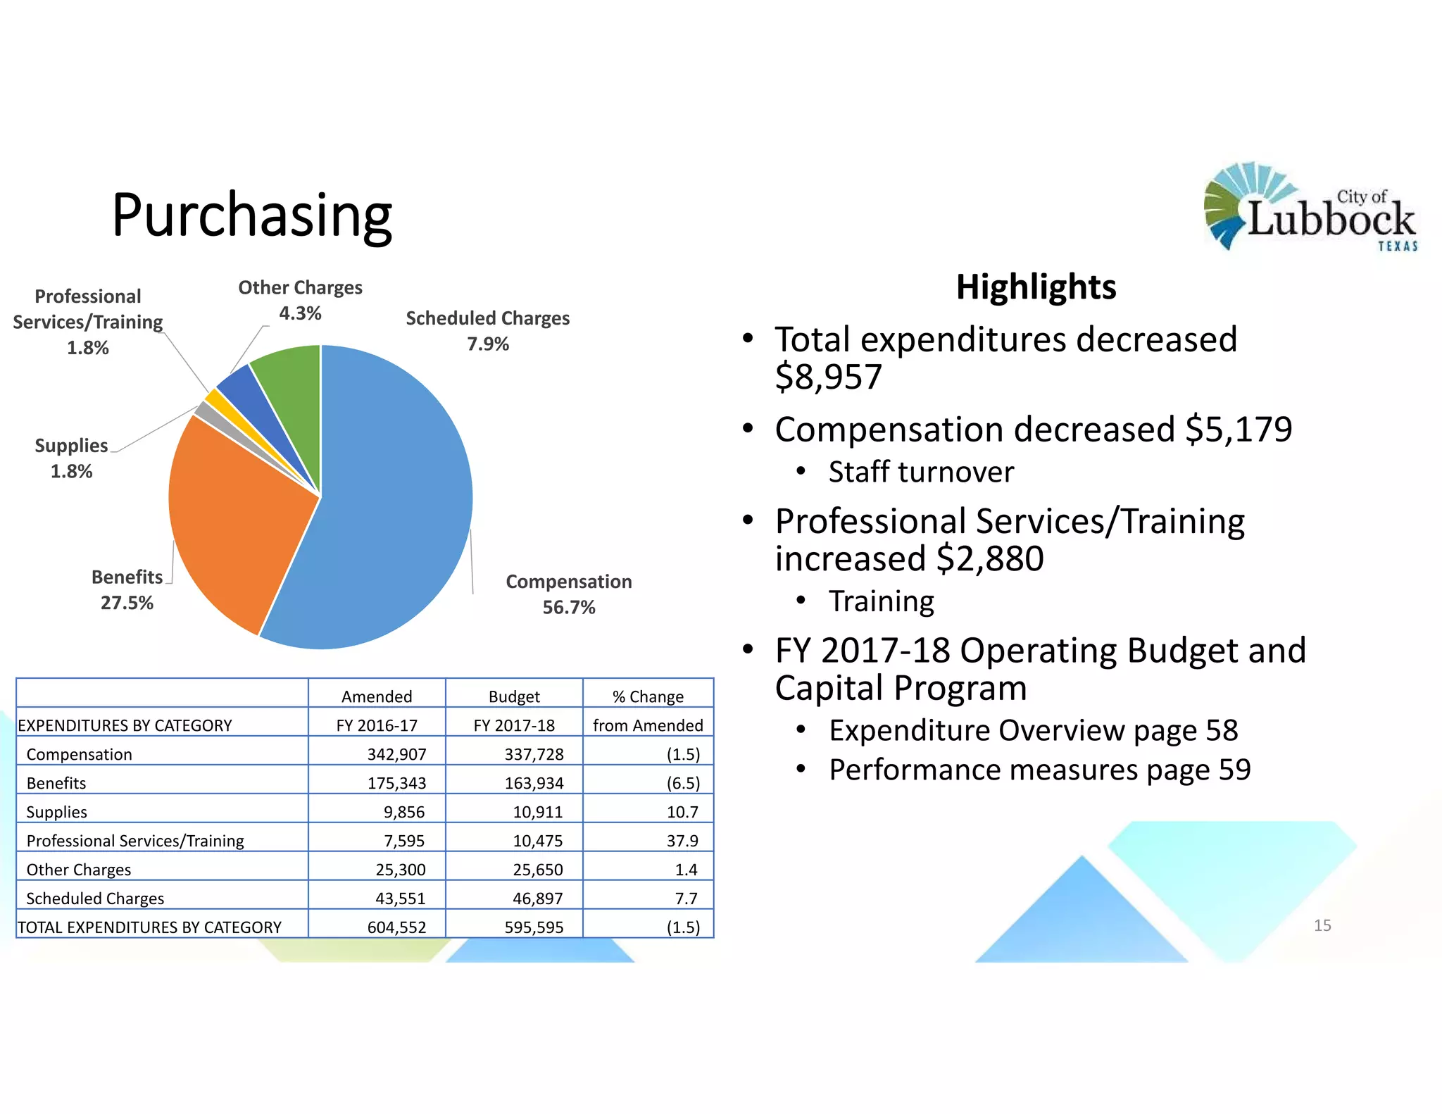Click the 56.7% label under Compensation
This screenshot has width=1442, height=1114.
[569, 607]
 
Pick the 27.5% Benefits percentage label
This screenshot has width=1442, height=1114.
[127, 603]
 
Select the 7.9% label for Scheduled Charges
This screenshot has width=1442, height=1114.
[488, 344]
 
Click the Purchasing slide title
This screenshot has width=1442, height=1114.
[252, 215]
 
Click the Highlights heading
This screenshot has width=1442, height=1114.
[1036, 287]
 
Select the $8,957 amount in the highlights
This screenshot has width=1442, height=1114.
[828, 377]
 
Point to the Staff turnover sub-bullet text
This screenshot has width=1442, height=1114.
[921, 472]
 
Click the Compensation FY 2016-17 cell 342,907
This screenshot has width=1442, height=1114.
[396, 754]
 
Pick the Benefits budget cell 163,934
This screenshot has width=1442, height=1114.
[534, 783]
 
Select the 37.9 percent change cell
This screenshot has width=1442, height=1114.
[682, 841]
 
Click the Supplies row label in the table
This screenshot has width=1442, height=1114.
[57, 812]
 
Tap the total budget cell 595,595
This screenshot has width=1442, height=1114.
[534, 927]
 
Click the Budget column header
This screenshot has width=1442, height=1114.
[514, 696]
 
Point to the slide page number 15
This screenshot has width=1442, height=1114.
[1322, 925]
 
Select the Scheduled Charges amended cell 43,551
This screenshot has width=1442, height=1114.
[400, 899]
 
